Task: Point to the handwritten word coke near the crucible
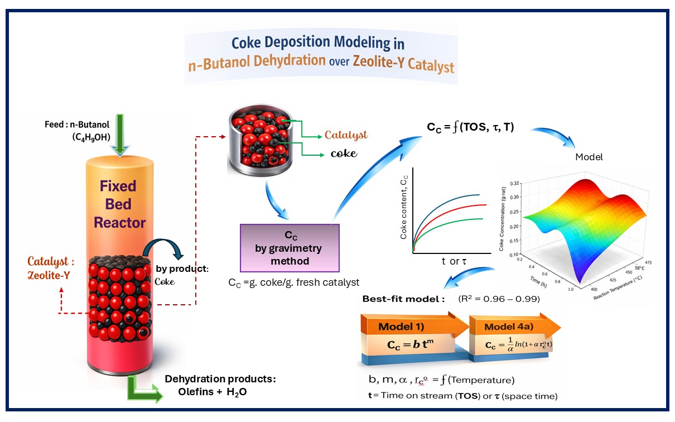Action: pyautogui.click(x=344, y=153)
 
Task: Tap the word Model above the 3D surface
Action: pyautogui.click(x=589, y=157)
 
